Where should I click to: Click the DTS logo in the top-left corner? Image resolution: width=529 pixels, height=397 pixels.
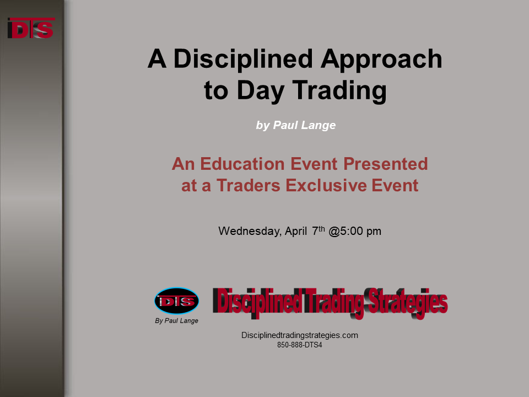[31, 28]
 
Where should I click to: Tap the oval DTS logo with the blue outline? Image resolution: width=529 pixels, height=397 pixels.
[176, 301]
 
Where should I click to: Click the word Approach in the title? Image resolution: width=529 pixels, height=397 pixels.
[381, 60]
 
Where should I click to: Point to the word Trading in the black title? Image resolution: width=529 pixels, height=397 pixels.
[339, 91]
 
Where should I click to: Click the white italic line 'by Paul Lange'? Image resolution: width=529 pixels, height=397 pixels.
[296, 125]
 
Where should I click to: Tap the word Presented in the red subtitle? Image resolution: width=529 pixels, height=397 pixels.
[386, 164]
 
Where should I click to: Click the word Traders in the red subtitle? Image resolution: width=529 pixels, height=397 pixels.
[249, 186]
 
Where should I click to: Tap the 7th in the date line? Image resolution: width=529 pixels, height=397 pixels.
[318, 231]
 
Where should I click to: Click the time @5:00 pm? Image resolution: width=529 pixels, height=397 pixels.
[355, 231]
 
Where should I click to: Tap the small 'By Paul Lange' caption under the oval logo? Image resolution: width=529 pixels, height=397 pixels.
[176, 321]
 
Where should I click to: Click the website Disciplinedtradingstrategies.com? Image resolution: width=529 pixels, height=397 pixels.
[300, 335]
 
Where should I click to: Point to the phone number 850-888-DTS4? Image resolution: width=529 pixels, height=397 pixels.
[300, 345]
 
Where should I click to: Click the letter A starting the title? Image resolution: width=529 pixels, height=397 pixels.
[157, 59]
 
